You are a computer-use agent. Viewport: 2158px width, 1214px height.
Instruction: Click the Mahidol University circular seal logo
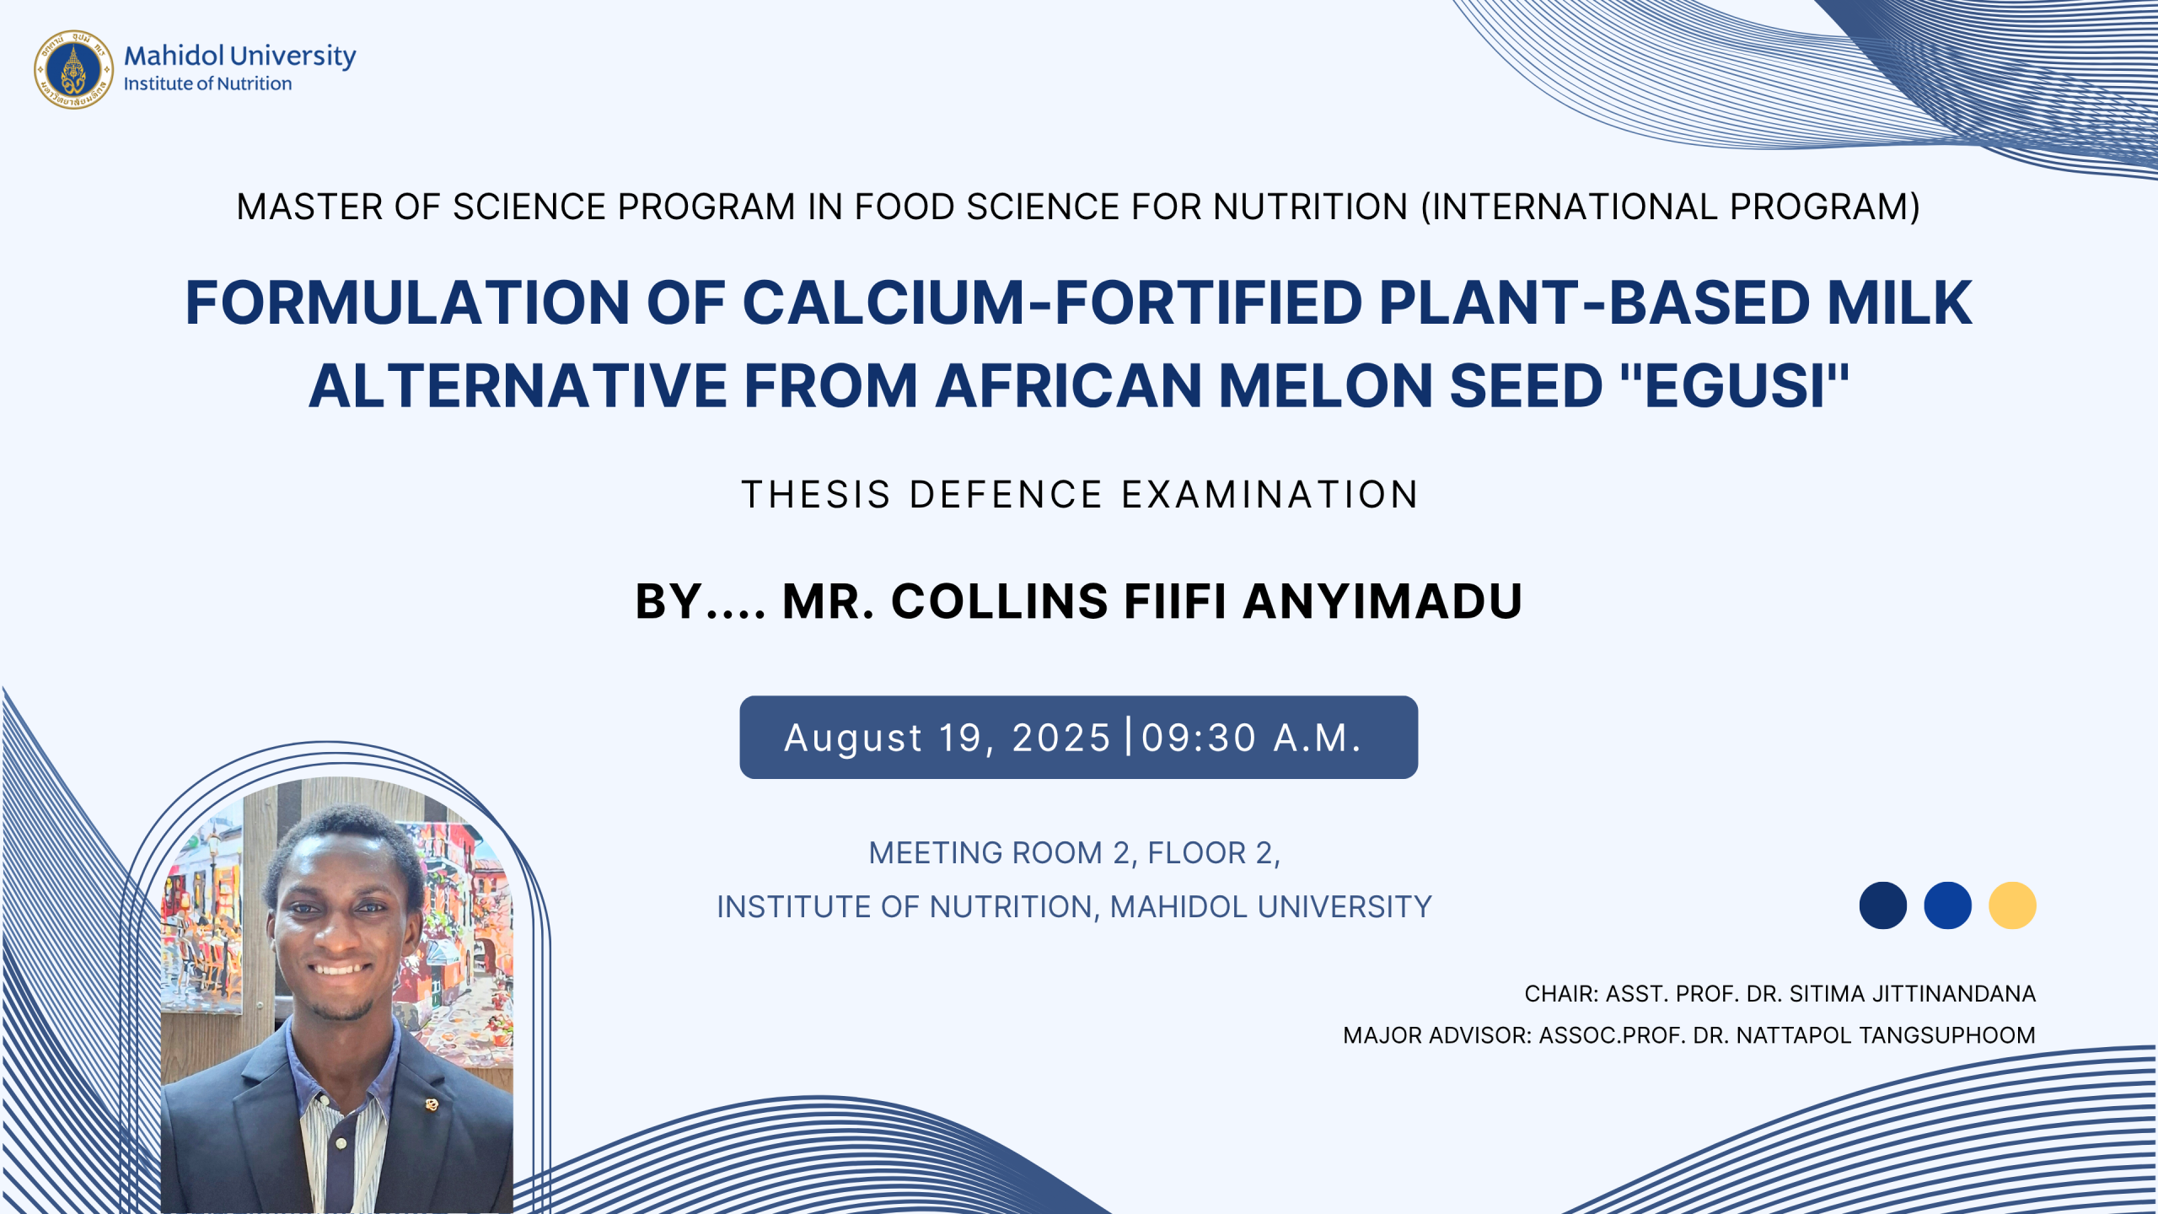point(73,69)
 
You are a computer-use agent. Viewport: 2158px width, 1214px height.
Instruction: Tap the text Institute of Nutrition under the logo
point(207,83)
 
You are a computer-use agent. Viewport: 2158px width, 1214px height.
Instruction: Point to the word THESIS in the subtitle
point(816,495)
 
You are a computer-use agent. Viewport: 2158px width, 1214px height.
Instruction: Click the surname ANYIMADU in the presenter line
point(1382,602)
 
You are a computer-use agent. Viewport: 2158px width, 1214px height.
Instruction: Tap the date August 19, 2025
point(947,738)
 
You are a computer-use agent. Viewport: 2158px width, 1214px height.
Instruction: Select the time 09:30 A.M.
point(1252,738)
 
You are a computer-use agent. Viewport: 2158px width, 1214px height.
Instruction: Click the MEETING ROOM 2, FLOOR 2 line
point(1075,853)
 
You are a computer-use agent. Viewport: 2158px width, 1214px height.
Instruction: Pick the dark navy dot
point(1883,905)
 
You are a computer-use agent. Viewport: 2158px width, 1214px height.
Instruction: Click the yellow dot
point(2012,905)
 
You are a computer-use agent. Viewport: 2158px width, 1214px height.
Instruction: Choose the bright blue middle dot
point(1947,905)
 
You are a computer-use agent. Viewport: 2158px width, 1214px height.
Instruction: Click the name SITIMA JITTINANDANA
point(1912,994)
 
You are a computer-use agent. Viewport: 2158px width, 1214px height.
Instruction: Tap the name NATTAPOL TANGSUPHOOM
point(1886,1035)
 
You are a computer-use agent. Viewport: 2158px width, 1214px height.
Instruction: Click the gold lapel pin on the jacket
point(432,1104)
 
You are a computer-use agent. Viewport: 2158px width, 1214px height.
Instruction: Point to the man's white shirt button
point(341,1144)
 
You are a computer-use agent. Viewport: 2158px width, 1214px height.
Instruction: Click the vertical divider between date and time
point(1129,735)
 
